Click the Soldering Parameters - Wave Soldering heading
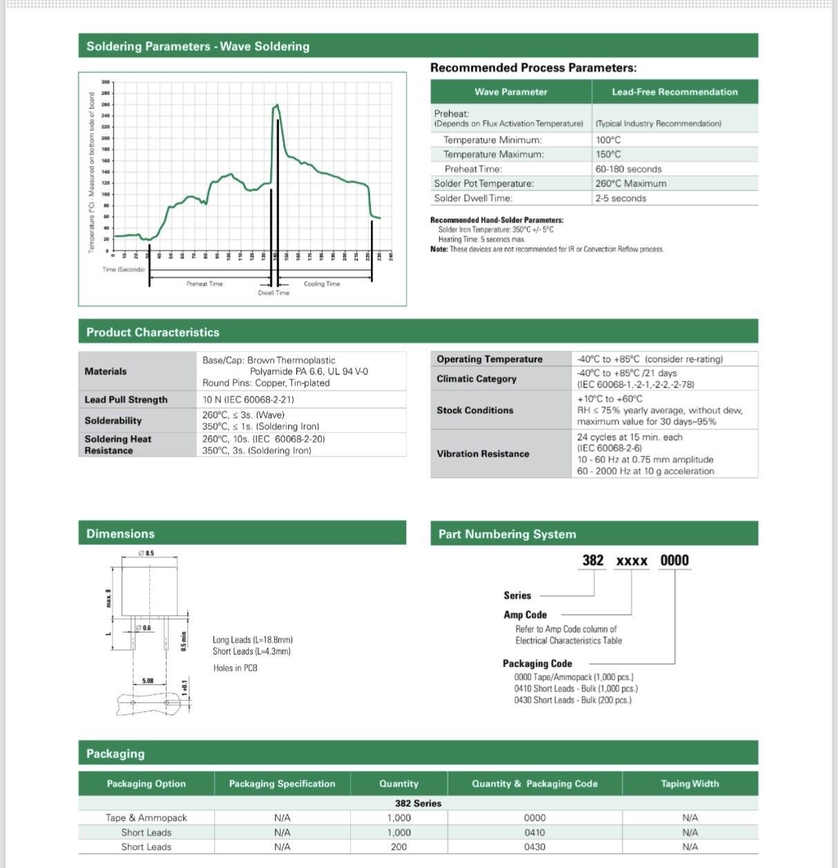198,46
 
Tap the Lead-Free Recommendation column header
674,92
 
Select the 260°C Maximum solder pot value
631,184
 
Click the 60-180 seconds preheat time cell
628,169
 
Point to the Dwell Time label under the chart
274,293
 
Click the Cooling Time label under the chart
322,284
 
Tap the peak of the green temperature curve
276,106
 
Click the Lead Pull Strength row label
126,399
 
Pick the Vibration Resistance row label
483,454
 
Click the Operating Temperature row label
489,359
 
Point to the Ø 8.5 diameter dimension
146,553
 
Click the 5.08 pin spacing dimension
148,681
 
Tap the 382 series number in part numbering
593,560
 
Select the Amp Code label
525,615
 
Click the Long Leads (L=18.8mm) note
252,640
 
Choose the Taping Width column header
689,784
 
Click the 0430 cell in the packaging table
535,847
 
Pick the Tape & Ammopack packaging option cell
146,818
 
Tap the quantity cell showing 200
399,847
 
